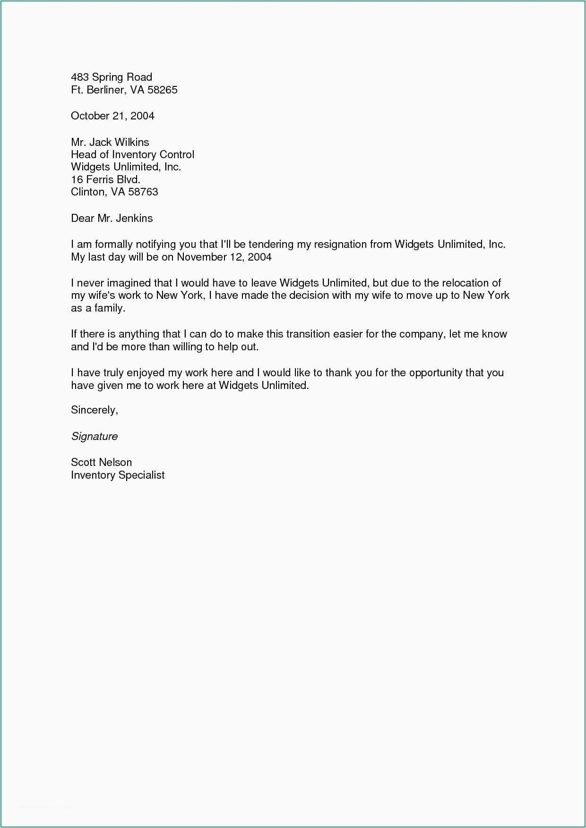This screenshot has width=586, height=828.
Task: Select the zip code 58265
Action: coord(162,90)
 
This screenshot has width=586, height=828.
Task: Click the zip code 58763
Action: coord(143,192)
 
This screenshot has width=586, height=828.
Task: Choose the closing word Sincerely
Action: coord(94,410)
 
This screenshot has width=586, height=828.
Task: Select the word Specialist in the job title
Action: coord(141,475)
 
